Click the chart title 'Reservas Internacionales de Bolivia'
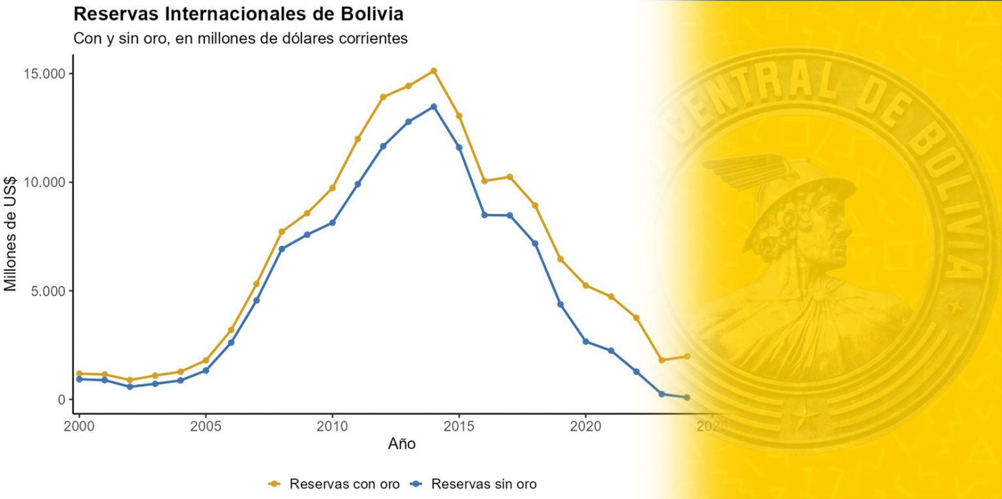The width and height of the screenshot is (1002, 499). pyautogui.click(x=237, y=13)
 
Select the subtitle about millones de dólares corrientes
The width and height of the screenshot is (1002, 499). pyautogui.click(x=241, y=38)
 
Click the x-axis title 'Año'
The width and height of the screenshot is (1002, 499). pyautogui.click(x=402, y=444)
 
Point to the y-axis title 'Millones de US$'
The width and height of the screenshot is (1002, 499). pyautogui.click(x=11, y=234)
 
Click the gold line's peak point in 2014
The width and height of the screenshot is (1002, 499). pyautogui.click(x=434, y=70)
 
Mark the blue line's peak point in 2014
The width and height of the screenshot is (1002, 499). pyautogui.click(x=434, y=106)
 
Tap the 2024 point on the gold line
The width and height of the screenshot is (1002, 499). pyautogui.click(x=687, y=356)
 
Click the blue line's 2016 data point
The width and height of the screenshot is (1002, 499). pyautogui.click(x=485, y=215)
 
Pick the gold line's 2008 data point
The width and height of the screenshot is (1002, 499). pyautogui.click(x=282, y=232)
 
